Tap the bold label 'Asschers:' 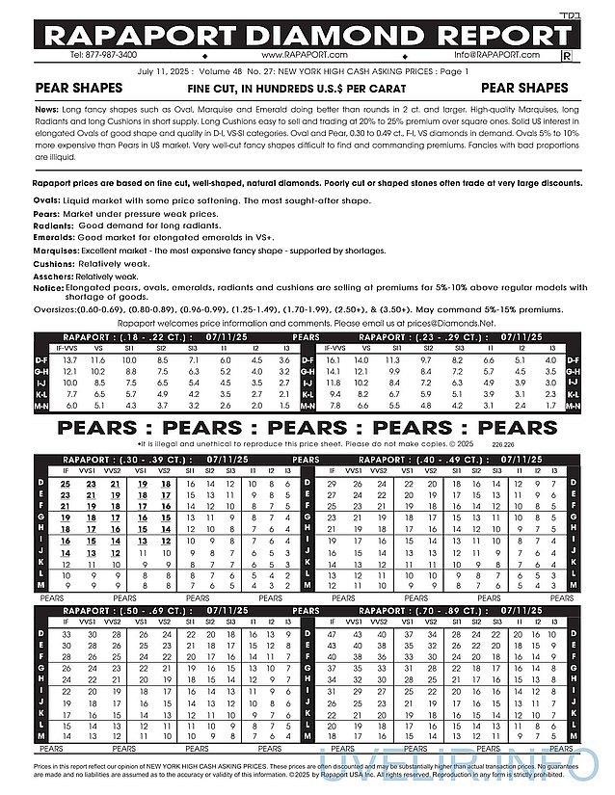pos(54,274)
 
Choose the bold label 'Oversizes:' pos(57,309)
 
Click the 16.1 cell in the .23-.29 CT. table pos(334,359)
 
